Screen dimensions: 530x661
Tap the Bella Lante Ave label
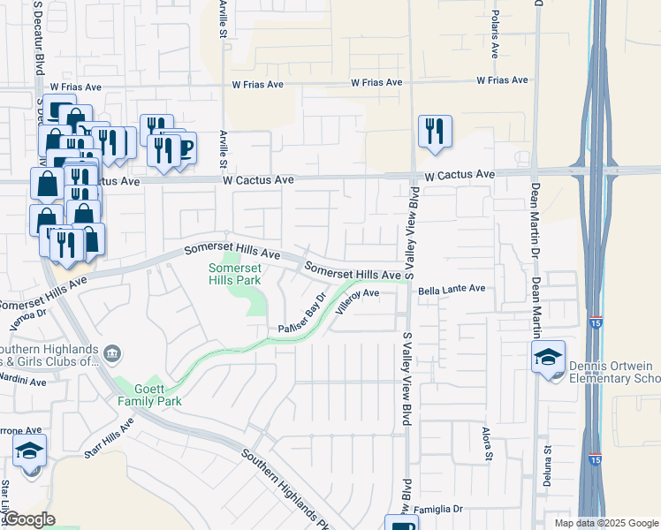click(452, 289)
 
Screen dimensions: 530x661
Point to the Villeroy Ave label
click(357, 300)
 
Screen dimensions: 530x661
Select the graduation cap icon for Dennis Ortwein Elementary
click(549, 358)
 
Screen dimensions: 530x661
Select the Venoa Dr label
click(27, 314)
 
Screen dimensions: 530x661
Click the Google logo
click(29, 519)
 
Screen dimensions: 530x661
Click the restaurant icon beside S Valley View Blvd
click(434, 132)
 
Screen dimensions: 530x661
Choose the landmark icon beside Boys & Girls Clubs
click(112, 354)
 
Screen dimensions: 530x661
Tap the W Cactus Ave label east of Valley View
click(459, 176)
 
